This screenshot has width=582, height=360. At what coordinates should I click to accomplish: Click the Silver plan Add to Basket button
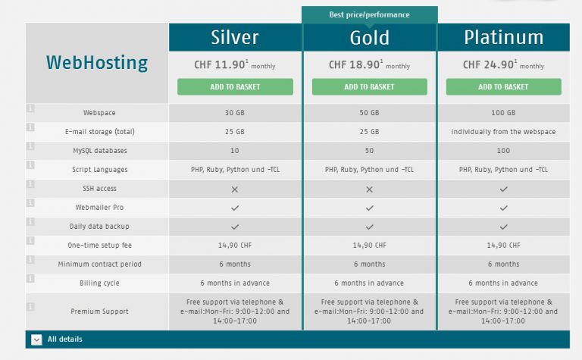(235, 87)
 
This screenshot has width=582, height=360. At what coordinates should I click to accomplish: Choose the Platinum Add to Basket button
(503, 87)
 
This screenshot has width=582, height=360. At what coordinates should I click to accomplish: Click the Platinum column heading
(503, 37)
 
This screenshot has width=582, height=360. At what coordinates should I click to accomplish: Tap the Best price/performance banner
(369, 14)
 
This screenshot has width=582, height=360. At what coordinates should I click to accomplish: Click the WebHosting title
(97, 63)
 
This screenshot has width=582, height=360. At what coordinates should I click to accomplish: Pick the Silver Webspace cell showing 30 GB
(235, 113)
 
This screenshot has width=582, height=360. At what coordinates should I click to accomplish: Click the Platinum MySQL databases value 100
(503, 151)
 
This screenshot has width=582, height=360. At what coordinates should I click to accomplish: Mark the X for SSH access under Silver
(235, 189)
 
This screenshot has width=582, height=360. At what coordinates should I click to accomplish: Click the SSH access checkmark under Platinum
(503, 189)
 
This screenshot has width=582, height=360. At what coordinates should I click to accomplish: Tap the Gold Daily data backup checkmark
(369, 227)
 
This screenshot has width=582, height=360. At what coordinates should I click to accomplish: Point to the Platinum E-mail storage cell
(503, 132)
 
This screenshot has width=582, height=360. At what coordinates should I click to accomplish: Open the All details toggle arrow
(36, 340)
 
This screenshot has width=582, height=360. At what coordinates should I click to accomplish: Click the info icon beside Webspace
(30, 109)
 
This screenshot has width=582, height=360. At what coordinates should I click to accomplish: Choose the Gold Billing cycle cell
(369, 283)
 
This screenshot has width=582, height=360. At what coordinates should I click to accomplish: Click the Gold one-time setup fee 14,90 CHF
(369, 246)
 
